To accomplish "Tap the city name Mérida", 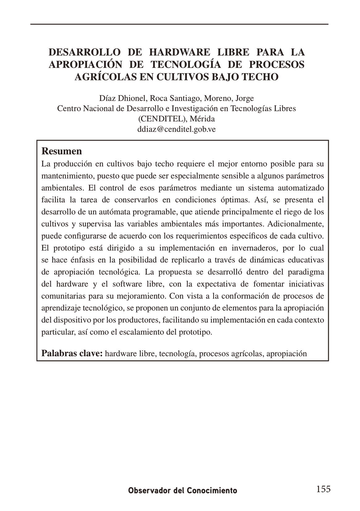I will pyautogui.click(x=202, y=119).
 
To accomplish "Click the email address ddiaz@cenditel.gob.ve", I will pyautogui.click(x=176, y=129).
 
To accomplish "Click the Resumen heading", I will pyautogui.click(x=62, y=151).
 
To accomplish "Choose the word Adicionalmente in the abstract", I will pyautogui.click(x=296, y=224).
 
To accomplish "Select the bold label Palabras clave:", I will pyautogui.click(x=72, y=353).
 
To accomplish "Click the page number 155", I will pyautogui.click(x=323, y=489).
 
